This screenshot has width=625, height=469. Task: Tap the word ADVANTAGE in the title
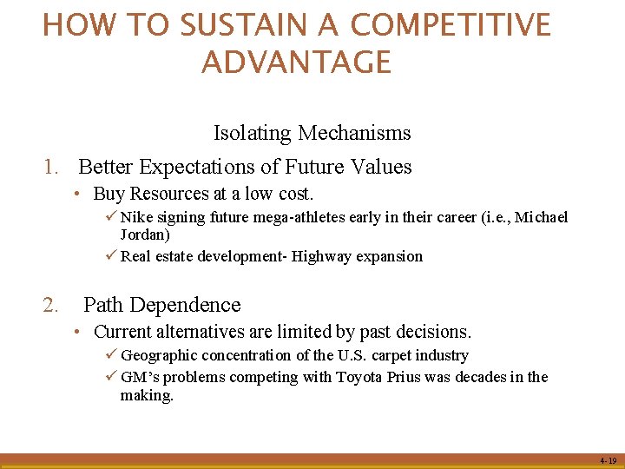point(297,63)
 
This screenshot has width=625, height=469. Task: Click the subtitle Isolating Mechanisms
point(312,133)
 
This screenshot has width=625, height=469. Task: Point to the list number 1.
point(50,167)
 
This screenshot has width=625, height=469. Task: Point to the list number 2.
point(50,305)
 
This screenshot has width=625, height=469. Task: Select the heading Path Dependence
point(161,305)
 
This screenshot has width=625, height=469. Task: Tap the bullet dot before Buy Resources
point(78,194)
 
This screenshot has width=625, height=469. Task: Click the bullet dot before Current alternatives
point(78,332)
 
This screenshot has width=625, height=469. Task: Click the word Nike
point(135,217)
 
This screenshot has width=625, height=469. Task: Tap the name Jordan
point(145,234)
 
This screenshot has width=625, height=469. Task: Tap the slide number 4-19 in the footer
point(606,460)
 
